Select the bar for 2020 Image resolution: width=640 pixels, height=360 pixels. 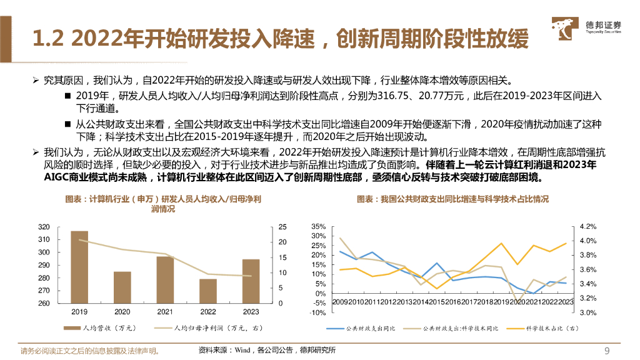(x=122, y=287)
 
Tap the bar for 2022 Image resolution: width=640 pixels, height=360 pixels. (x=207, y=291)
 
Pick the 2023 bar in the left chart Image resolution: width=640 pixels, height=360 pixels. (x=251, y=281)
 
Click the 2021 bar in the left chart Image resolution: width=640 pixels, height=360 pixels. (x=165, y=280)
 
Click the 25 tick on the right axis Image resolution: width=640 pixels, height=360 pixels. (x=282, y=226)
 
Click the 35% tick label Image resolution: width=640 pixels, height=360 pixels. (x=318, y=226)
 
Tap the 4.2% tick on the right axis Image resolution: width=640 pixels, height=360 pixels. (x=589, y=226)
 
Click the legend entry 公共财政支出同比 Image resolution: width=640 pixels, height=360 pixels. (x=365, y=327)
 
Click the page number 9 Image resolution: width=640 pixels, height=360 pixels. (x=606, y=350)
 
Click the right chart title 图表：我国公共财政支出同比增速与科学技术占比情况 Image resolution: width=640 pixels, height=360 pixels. (x=452, y=199)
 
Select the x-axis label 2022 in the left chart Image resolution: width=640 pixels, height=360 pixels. (x=207, y=312)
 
